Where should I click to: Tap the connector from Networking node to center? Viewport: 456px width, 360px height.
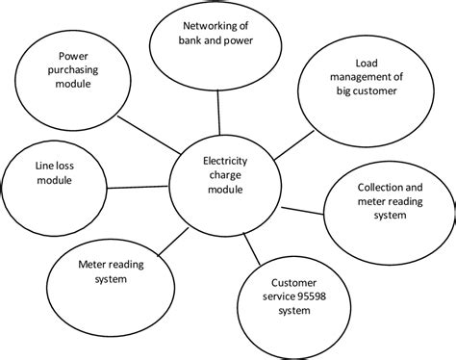pyautogui.click(x=218, y=108)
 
